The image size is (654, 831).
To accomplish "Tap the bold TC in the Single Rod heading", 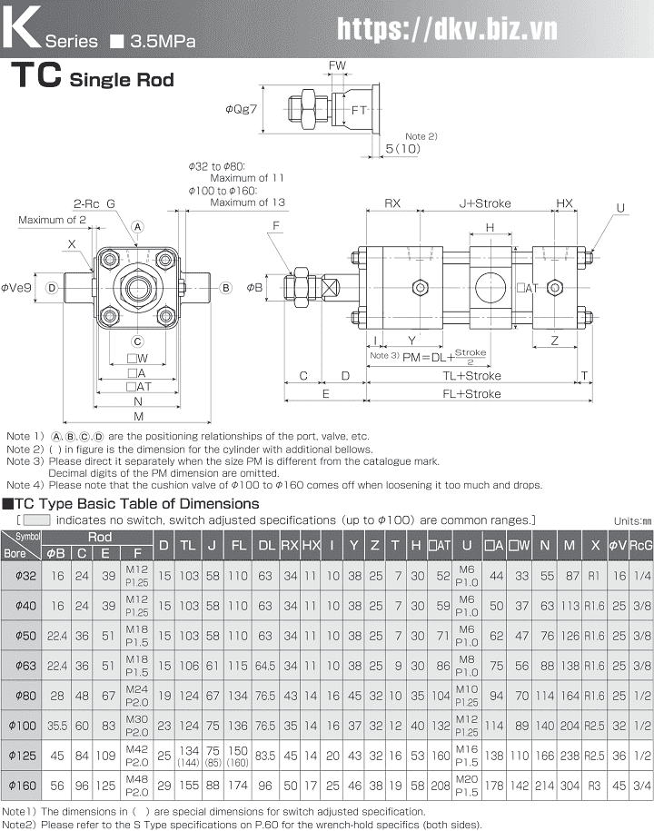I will click(36, 77).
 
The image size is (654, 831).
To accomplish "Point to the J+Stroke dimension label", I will click(484, 203).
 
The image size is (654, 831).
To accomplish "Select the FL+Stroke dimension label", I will click(471, 394).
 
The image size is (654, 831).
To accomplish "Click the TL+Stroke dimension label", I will click(471, 375).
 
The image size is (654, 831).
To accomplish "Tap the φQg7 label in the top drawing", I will click(242, 109).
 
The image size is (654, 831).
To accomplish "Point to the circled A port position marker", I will click(138, 226).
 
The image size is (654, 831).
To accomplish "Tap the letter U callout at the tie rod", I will click(621, 208).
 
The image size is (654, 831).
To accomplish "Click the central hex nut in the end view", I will click(138, 289).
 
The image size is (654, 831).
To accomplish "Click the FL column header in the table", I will click(238, 545).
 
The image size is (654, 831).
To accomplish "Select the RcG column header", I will click(641, 545).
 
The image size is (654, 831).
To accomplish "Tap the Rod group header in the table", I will click(99, 537).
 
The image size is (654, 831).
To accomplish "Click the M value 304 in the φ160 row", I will click(570, 783).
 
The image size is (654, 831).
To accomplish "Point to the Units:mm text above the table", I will click(632, 520).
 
